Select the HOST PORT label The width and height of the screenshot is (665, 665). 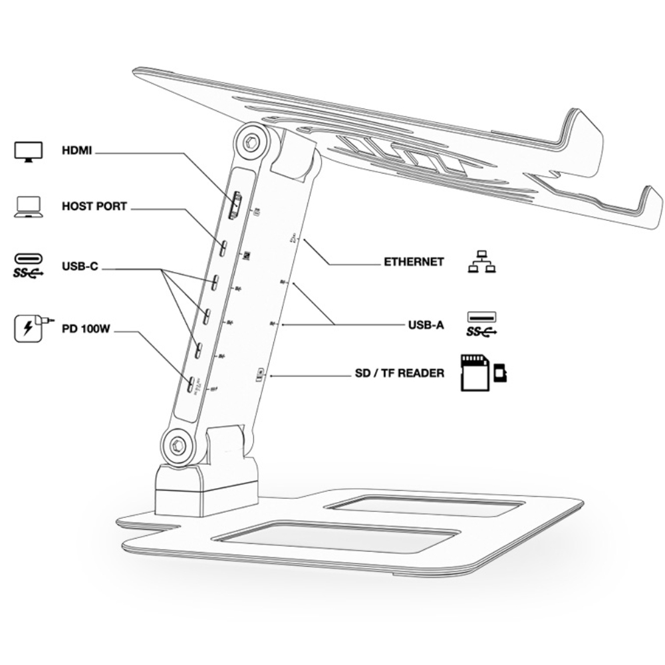pyautogui.click(x=93, y=207)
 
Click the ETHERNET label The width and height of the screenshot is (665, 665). pyautogui.click(x=414, y=262)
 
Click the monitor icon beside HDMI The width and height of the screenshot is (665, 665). pyautogui.click(x=29, y=151)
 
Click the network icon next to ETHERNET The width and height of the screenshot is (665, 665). pyautogui.click(x=482, y=263)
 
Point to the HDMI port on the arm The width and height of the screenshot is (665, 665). pyautogui.click(x=235, y=205)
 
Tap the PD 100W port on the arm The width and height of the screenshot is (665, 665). pyautogui.click(x=191, y=384)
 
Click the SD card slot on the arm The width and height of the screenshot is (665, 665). pyautogui.click(x=260, y=376)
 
